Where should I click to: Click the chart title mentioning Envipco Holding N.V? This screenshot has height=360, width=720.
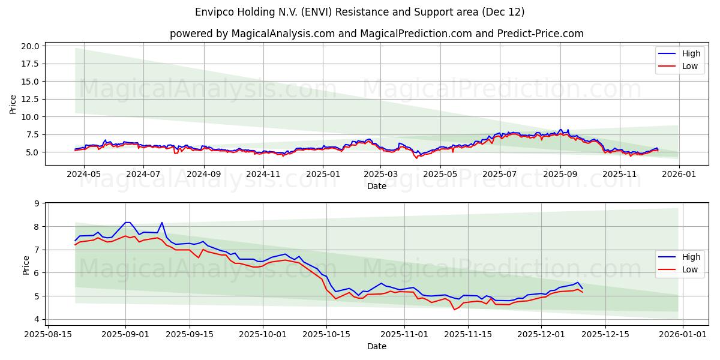pos(359,12)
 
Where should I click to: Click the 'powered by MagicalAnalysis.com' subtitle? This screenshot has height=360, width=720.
pos(376,34)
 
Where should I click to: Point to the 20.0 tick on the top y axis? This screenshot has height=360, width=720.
pos(30,46)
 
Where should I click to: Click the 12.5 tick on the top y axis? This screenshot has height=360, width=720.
pos(30,99)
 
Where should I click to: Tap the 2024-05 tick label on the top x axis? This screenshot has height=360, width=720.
pos(84,174)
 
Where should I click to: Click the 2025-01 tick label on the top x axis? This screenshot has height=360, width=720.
pos(323,174)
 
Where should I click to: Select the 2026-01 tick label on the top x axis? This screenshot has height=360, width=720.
pos(679,174)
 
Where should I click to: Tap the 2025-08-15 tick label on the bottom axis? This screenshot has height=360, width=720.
pos(48,334)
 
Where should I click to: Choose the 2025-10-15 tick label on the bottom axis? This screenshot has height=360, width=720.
pos(326,334)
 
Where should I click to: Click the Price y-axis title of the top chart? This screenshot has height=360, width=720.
pos(13,103)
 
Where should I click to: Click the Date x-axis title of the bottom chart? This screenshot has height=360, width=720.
pos(376,346)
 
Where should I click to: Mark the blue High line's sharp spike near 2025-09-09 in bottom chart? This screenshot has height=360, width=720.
pos(161,223)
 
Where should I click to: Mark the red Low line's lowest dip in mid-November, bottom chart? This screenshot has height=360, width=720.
pos(454,310)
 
